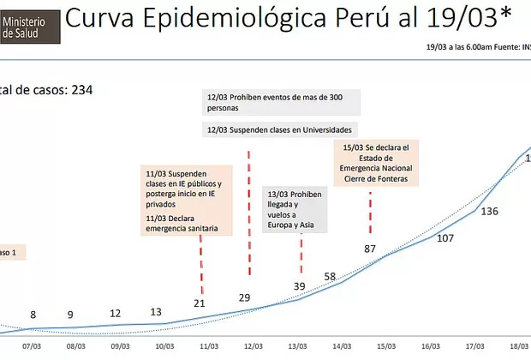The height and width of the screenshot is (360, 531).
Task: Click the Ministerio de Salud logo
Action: pos(29,23)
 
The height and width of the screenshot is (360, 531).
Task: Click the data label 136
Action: pos(490,212)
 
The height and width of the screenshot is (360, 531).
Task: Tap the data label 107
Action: pos(445,238)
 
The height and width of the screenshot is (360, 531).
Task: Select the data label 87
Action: pos(371,249)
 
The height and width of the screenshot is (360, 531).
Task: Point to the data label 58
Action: pos(330,276)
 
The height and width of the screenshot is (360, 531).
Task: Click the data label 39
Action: pos(299,285)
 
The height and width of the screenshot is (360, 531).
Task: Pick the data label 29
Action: pos(244,297)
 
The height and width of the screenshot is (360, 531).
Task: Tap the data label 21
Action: pos(200,303)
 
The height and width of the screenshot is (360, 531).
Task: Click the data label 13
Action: pos(156,312)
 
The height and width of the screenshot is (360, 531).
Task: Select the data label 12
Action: pos(116,313)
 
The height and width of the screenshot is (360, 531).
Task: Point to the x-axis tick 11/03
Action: pos(208,346)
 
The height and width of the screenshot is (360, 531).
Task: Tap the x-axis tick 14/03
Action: pos(341,346)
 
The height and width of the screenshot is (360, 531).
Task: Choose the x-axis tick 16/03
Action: pos(430,346)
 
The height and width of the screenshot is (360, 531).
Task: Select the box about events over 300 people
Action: pos(281,103)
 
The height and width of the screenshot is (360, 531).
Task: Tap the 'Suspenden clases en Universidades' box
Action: pos(281,130)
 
